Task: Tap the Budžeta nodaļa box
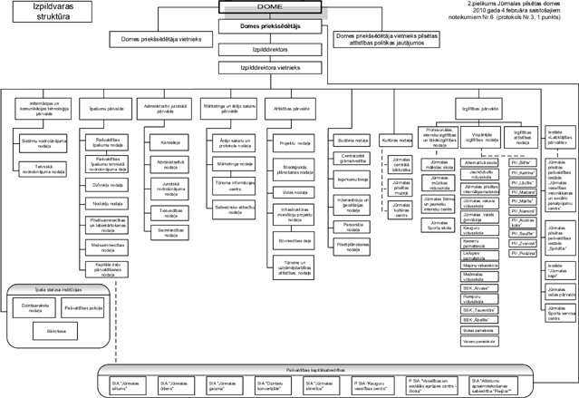pyautogui.click(x=352, y=141)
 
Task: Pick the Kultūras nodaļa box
pyautogui.click(x=391, y=141)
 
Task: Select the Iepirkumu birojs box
pyautogui.click(x=352, y=180)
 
